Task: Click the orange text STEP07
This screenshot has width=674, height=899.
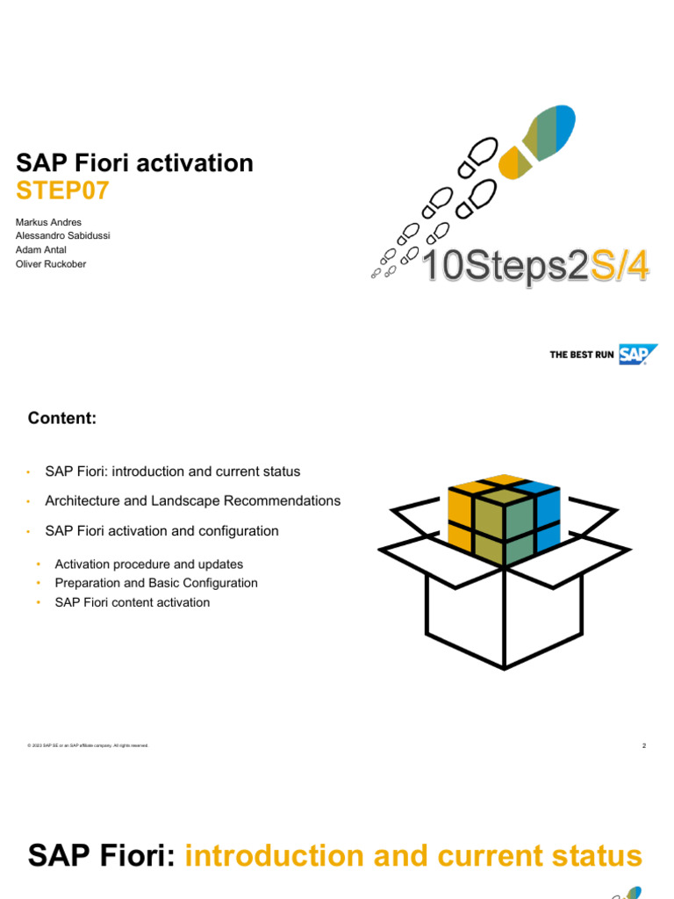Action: (62, 191)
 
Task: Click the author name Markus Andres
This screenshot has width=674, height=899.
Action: (48, 222)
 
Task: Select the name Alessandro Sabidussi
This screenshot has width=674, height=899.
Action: (63, 236)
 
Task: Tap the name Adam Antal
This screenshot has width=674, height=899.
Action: (41, 250)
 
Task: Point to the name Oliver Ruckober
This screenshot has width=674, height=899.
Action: (51, 264)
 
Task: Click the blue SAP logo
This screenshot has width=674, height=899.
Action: (637, 355)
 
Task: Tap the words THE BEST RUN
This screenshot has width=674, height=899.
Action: (582, 355)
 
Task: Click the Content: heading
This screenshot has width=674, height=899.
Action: (61, 419)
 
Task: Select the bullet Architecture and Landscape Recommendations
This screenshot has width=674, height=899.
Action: (192, 501)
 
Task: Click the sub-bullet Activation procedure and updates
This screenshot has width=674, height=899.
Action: (148, 565)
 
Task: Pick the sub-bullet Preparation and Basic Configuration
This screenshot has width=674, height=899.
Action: (155, 583)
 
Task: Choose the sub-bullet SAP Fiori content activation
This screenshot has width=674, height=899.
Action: (132, 602)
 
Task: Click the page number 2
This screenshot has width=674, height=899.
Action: (643, 746)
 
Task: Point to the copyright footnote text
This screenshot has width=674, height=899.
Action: (88, 746)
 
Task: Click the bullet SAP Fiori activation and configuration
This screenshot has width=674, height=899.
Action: (161, 531)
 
